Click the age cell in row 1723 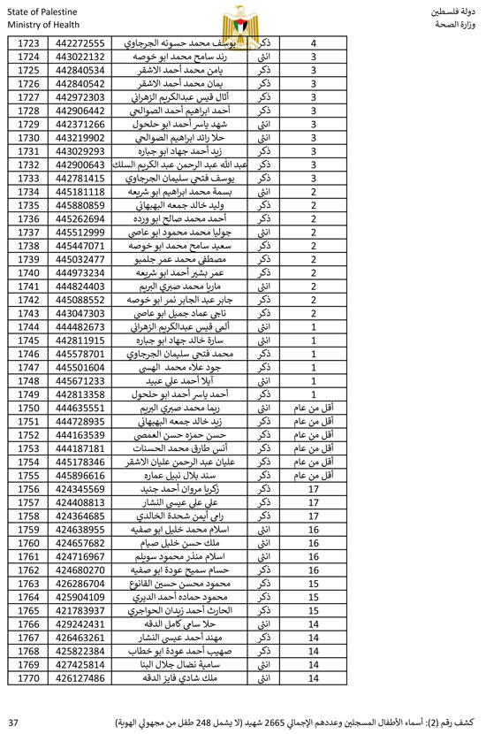tap(314, 42)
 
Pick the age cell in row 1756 tap(314, 488)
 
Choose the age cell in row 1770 tap(314, 677)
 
